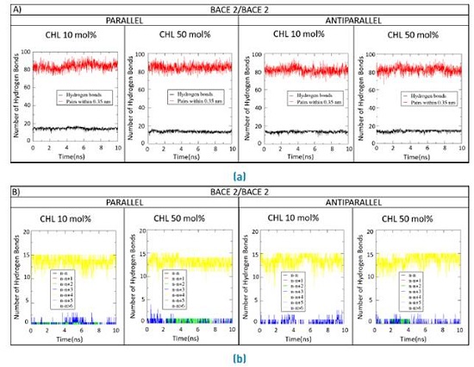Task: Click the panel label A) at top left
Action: click(x=13, y=8)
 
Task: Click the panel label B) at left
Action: click(x=13, y=189)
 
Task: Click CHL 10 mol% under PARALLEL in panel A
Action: click(x=72, y=36)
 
